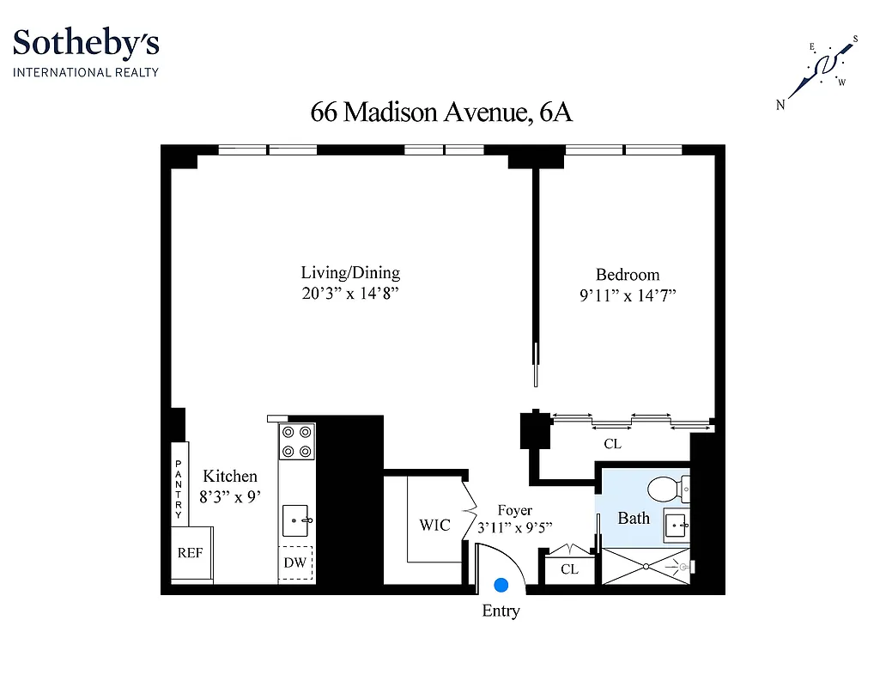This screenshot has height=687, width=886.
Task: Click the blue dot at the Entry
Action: click(x=501, y=585)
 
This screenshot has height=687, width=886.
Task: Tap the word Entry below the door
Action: click(x=501, y=611)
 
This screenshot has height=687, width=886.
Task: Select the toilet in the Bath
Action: click(x=664, y=490)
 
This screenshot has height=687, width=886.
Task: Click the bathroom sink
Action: click(x=676, y=524)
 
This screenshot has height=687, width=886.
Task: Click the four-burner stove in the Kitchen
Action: click(x=297, y=441)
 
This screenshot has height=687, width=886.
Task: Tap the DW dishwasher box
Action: click(x=295, y=564)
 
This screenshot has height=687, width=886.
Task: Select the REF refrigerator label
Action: click(x=190, y=553)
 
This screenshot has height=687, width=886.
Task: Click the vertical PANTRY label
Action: click(x=179, y=490)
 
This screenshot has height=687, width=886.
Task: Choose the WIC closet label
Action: click(x=434, y=525)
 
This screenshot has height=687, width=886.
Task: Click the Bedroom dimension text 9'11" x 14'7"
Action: click(x=628, y=296)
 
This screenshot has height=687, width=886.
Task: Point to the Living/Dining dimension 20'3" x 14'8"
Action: click(x=350, y=294)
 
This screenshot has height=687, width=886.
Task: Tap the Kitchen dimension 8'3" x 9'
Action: click(x=230, y=495)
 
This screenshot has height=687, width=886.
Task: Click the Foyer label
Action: click(x=514, y=511)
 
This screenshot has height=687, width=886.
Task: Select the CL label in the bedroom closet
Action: click(x=612, y=445)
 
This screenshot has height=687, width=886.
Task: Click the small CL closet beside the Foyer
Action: click(x=569, y=569)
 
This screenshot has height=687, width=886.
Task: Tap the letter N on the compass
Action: click(x=781, y=106)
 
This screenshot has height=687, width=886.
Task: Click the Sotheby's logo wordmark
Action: click(x=86, y=43)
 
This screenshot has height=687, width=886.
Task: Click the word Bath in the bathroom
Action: click(x=634, y=518)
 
